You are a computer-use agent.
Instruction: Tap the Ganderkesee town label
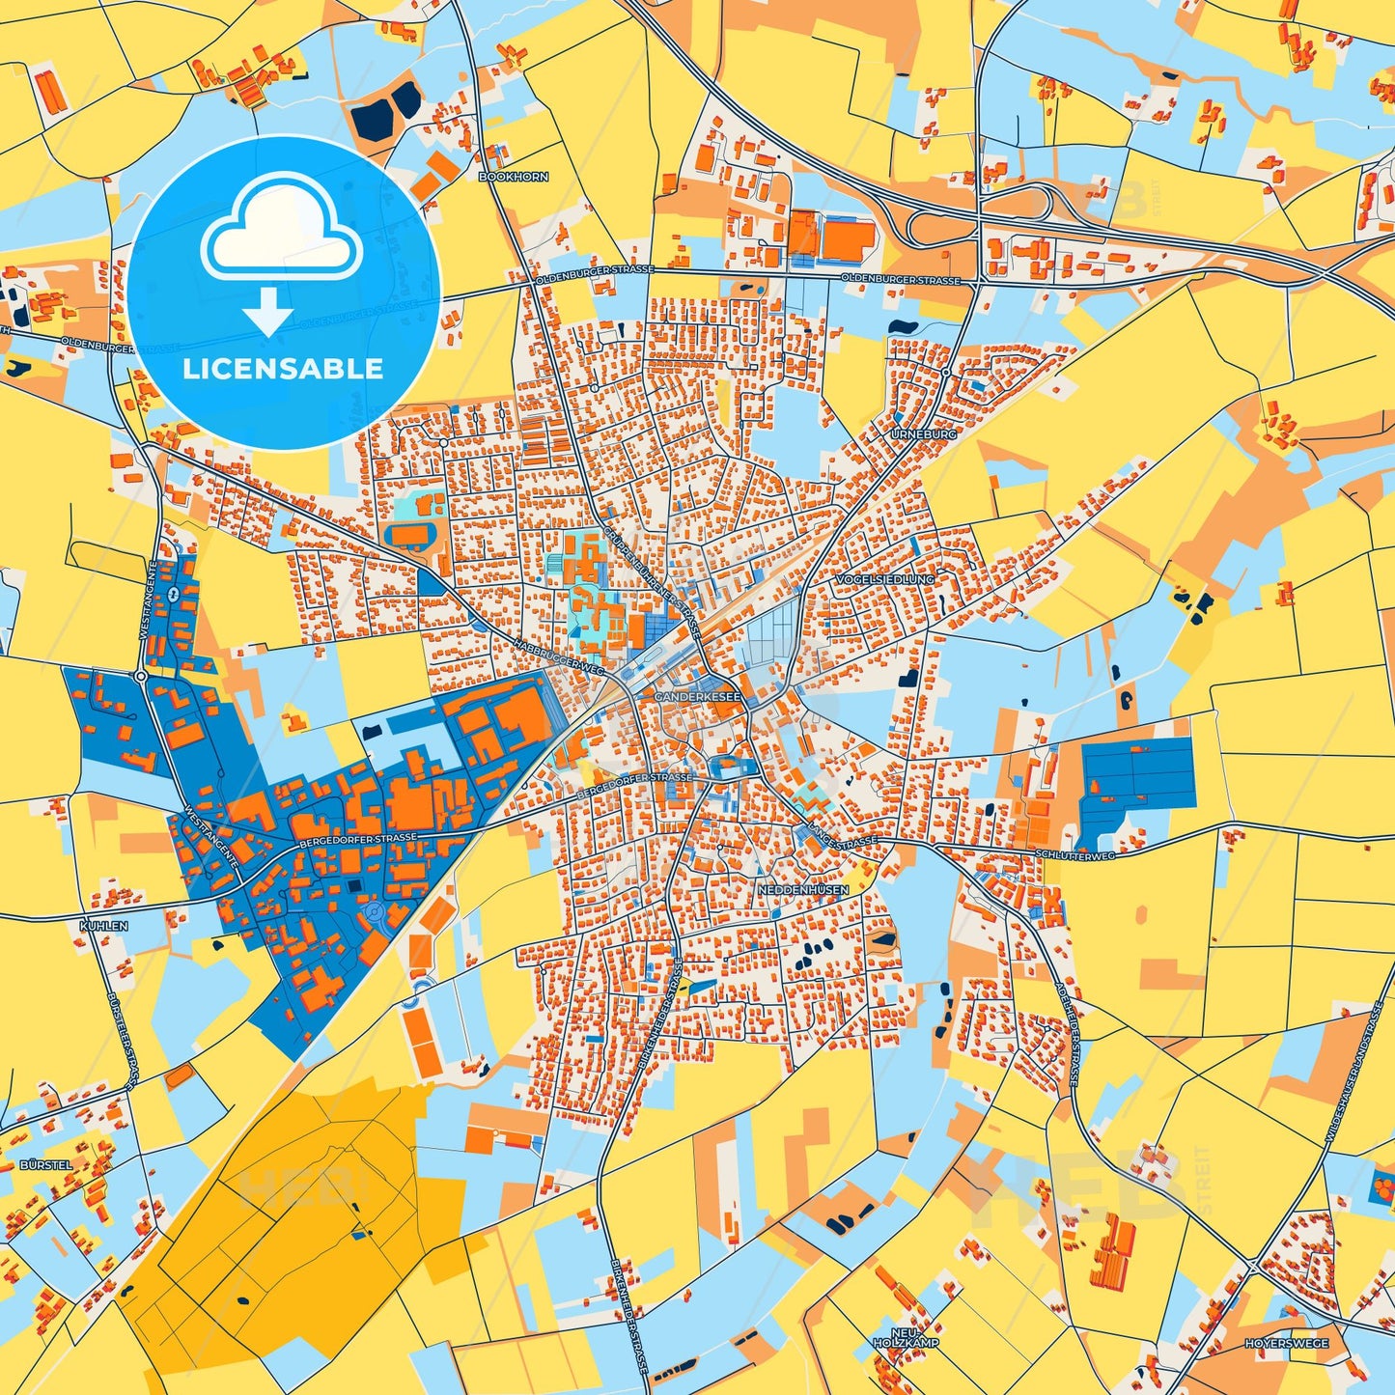[697, 696]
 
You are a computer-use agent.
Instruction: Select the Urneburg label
[923, 435]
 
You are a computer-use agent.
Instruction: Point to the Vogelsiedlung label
[885, 580]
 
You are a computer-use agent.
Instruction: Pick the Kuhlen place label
[103, 926]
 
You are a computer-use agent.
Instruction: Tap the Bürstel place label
[45, 1165]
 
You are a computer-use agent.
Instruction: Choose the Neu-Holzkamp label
[892, 1337]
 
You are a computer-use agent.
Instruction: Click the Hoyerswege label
[1286, 1344]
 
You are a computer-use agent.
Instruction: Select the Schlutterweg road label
[1074, 854]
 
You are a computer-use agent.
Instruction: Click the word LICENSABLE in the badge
[283, 369]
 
